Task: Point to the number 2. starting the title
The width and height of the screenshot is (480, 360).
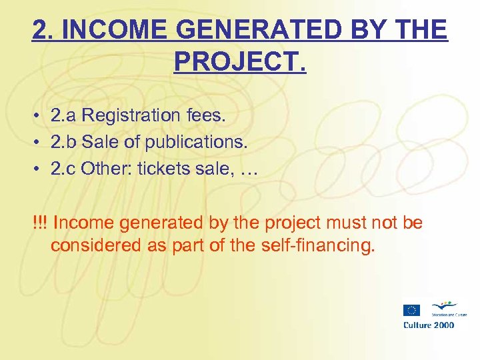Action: pos(41,29)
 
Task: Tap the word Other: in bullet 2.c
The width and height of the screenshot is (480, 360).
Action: pos(107,169)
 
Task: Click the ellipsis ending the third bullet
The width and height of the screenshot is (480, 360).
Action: pos(247,171)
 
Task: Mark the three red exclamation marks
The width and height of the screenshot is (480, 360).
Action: pos(39,222)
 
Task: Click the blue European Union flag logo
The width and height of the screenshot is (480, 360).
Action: pos(411,310)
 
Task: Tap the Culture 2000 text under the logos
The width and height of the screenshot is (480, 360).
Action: pos(429,325)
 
